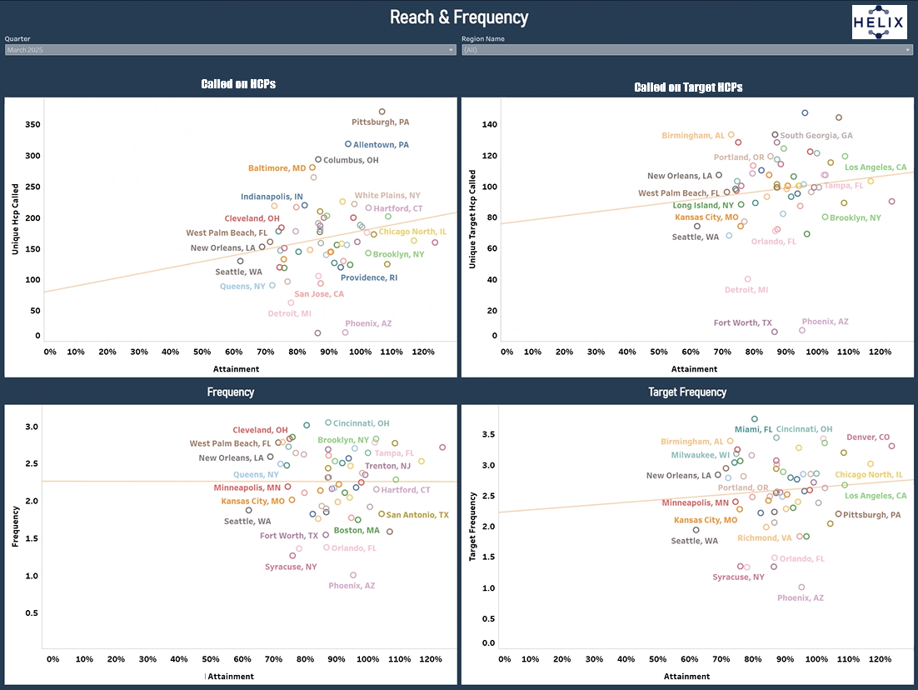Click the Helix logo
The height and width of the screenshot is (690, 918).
[x=879, y=22]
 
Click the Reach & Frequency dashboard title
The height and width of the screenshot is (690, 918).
[x=459, y=17]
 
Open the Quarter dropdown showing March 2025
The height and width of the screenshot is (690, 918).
[x=229, y=50]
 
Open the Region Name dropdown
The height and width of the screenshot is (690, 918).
[x=687, y=50]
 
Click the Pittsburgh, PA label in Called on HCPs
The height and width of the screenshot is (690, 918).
[x=380, y=122]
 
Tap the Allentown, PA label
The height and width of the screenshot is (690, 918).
[x=381, y=145]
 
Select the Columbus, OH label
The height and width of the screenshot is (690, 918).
[x=351, y=160]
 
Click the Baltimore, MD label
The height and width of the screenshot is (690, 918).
[x=277, y=168]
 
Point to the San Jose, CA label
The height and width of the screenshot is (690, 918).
[x=319, y=294]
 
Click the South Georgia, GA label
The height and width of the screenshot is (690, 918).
[x=816, y=136]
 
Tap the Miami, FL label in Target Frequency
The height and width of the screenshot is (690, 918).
[x=753, y=429]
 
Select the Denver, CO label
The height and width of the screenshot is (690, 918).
[x=868, y=437]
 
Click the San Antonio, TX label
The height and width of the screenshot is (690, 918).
[x=417, y=515]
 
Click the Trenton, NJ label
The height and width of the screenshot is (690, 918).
[x=387, y=467]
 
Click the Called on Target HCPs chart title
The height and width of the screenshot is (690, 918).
[x=688, y=87]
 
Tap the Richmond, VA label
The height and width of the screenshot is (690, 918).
[x=765, y=538]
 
